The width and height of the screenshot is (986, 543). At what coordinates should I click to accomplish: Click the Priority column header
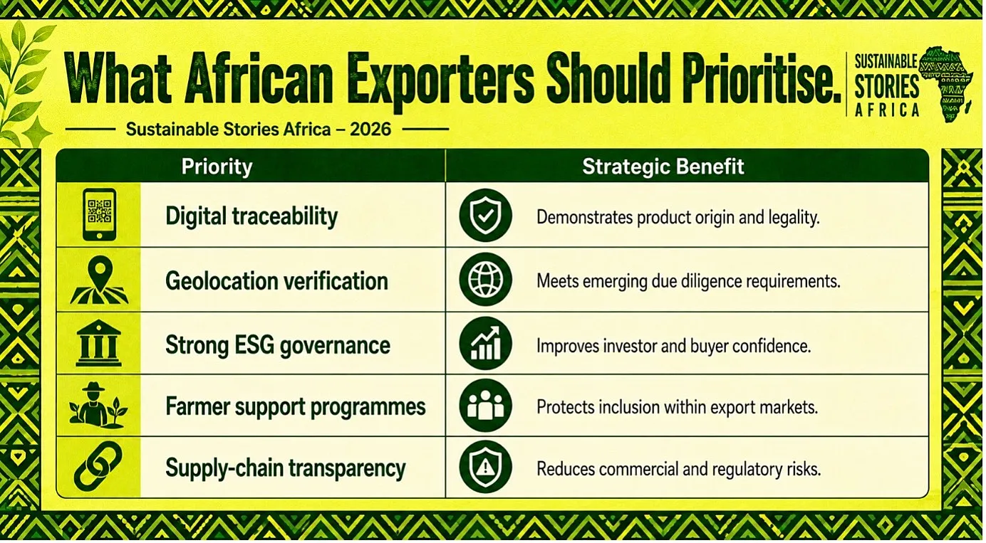(217, 167)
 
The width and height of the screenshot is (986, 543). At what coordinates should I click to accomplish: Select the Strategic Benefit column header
(663, 167)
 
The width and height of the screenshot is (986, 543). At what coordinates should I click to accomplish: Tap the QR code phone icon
(99, 214)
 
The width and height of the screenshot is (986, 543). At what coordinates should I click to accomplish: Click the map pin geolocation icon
(100, 280)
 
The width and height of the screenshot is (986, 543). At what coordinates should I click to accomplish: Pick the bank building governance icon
(98, 343)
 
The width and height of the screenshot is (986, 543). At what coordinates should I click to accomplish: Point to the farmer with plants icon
(98, 406)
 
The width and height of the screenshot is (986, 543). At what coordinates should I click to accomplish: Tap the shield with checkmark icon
(485, 216)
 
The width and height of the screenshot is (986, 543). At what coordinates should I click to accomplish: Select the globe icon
(485, 280)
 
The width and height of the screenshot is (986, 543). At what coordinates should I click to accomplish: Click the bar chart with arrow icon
(485, 344)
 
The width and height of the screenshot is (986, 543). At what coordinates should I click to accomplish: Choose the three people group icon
(485, 406)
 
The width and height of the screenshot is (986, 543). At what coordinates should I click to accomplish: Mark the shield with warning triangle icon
(485, 467)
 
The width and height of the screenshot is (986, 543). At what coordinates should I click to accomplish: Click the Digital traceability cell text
(251, 216)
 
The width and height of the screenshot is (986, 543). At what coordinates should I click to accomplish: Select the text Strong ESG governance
(278, 345)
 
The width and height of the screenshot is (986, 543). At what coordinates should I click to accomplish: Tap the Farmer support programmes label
(296, 406)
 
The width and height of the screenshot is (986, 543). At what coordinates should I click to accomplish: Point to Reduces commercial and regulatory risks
(678, 469)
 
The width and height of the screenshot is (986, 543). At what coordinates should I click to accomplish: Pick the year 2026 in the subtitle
(370, 130)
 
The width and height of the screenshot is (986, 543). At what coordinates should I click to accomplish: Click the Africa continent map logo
(946, 83)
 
